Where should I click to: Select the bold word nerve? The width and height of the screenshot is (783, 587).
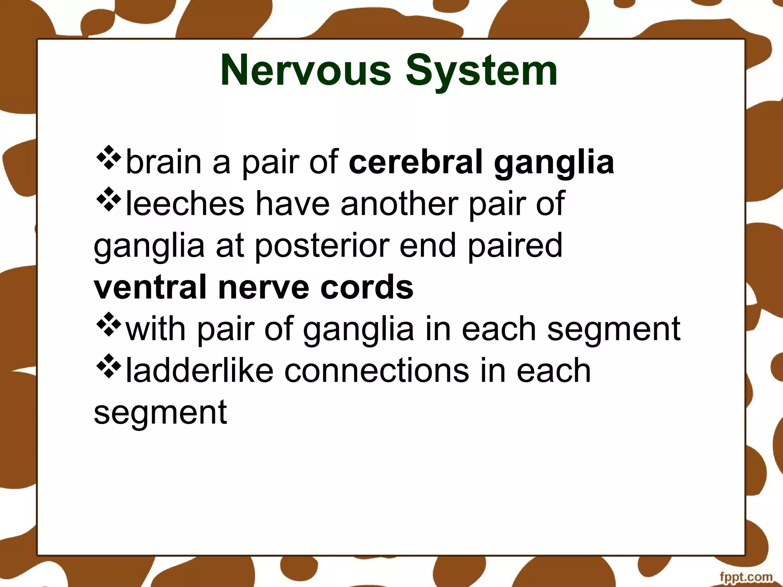coord(263,287)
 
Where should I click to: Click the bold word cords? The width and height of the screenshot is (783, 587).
coord(367,287)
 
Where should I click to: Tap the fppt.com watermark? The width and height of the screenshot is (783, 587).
coord(745,576)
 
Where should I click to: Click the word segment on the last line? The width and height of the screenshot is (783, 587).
coord(160,412)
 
